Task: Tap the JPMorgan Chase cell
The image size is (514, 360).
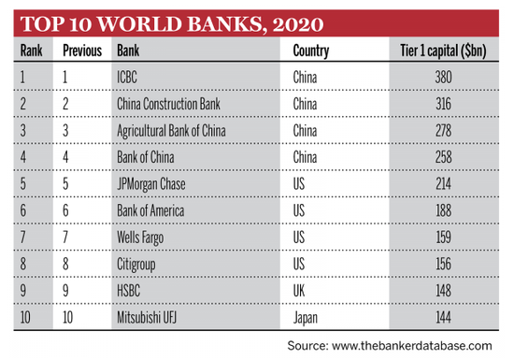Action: (x=152, y=184)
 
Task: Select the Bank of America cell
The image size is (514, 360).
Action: (x=150, y=211)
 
